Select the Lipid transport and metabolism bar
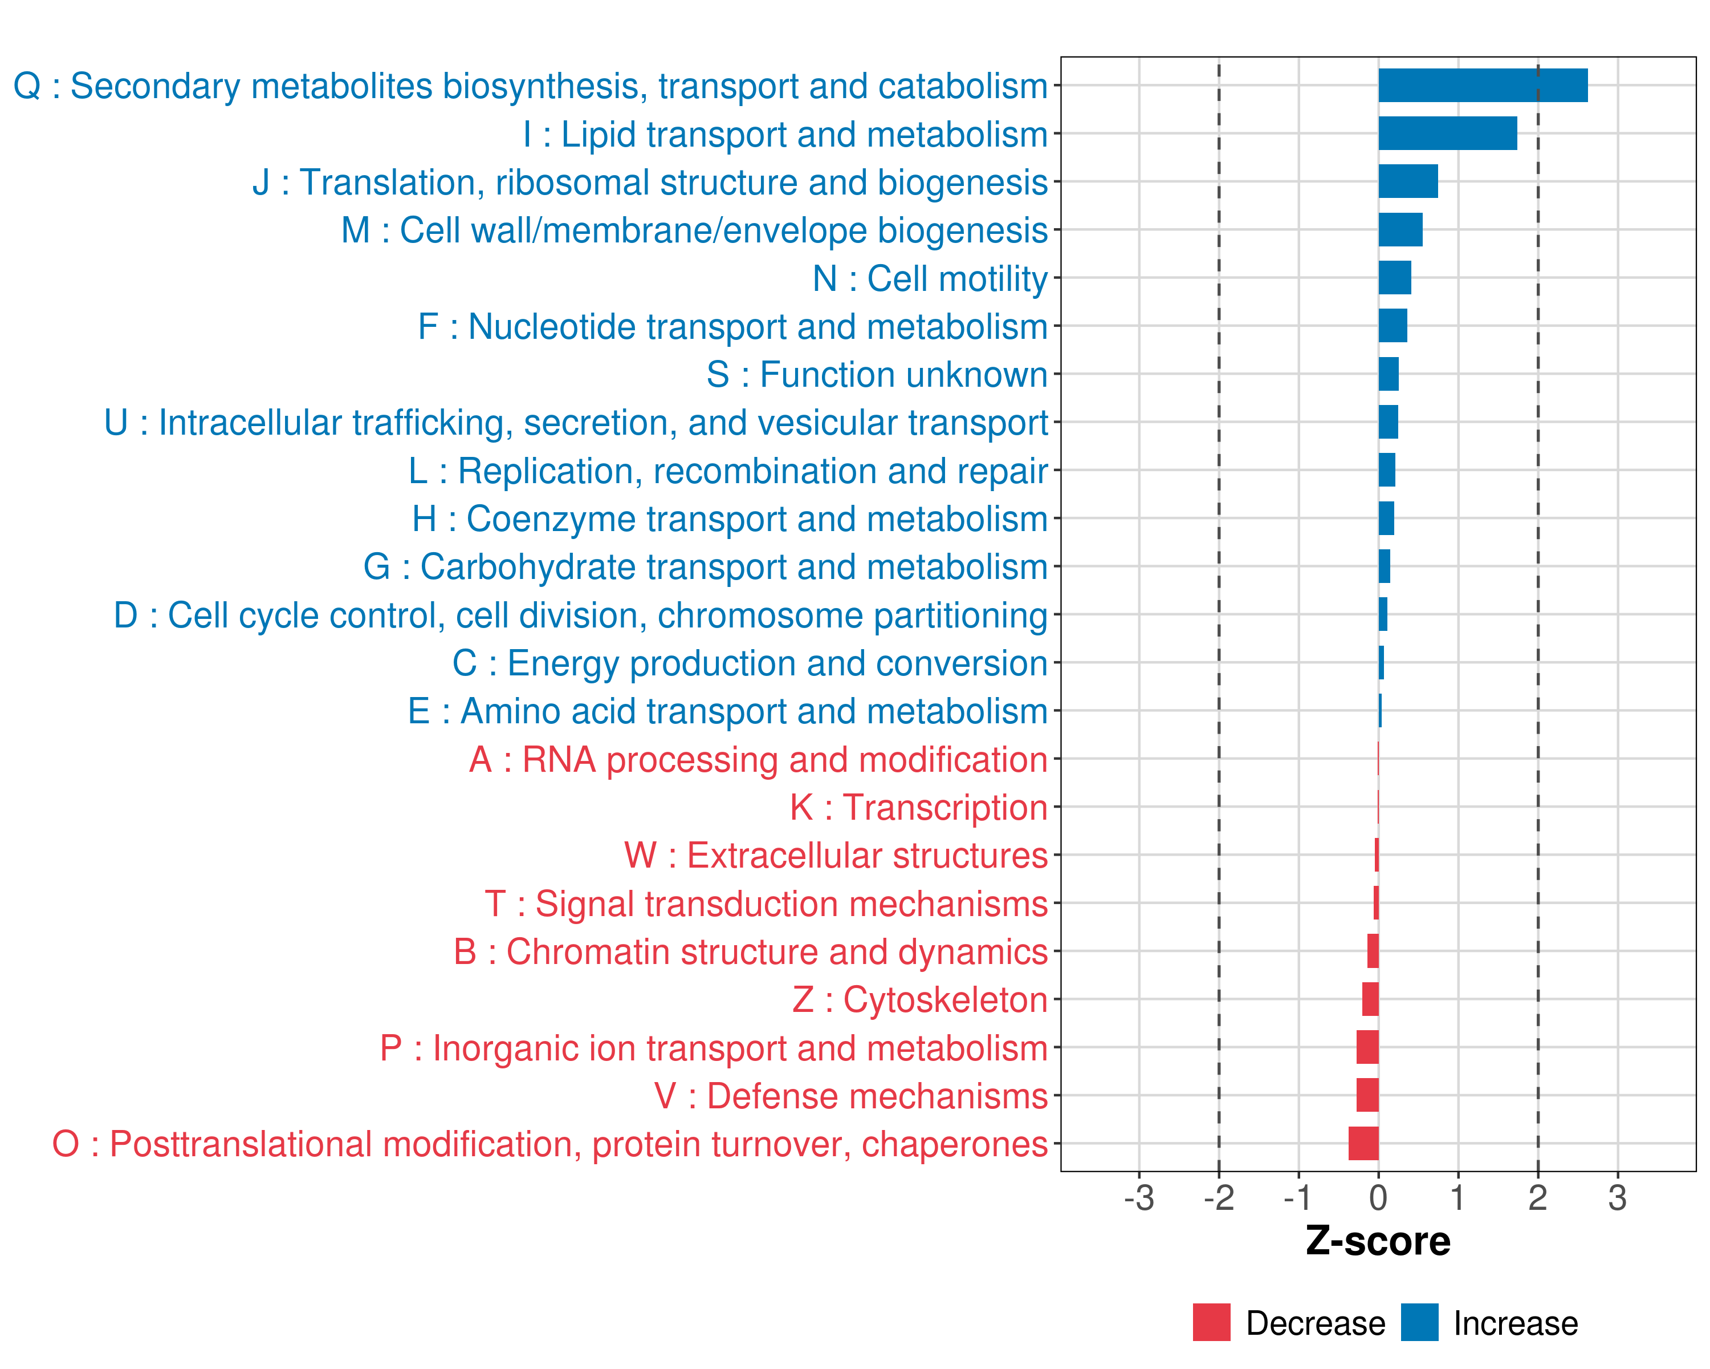click(1447, 133)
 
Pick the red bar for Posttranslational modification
click(1363, 1144)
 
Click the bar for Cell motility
click(1394, 278)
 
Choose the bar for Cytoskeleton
click(1370, 999)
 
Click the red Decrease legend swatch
click(1211, 1322)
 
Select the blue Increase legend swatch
click(1419, 1322)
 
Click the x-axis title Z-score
click(1378, 1241)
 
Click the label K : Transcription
click(918, 808)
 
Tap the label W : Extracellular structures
click(835, 856)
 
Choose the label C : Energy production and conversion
click(750, 663)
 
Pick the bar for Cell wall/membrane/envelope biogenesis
click(1400, 230)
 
